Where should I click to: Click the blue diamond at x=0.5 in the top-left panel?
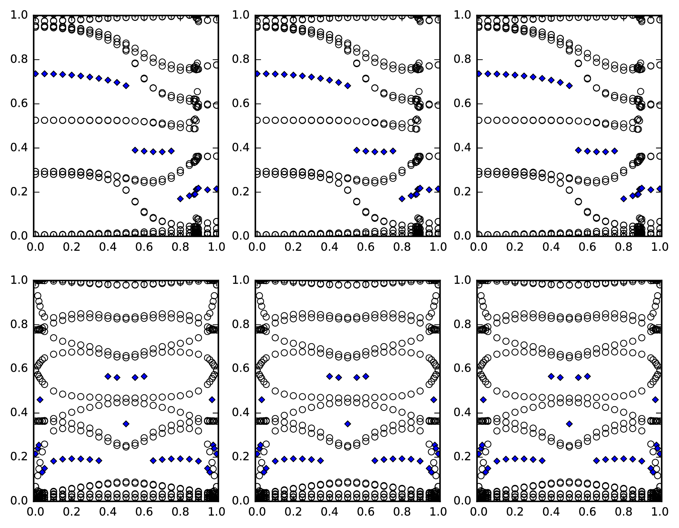(x=126, y=86)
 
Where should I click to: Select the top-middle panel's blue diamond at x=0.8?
(x=402, y=199)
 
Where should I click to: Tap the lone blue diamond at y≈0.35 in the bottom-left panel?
(x=126, y=424)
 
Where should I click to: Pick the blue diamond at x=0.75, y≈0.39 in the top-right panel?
(x=615, y=151)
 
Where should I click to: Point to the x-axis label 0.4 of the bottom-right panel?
(x=551, y=512)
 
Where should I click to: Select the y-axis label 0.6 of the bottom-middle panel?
(x=240, y=368)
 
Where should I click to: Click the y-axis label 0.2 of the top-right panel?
(x=462, y=192)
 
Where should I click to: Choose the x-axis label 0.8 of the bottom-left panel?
(x=181, y=512)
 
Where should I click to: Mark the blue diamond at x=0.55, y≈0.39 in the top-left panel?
(x=135, y=150)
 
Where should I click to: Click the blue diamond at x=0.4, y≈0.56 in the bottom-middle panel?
(x=330, y=376)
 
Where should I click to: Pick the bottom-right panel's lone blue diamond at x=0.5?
(x=569, y=424)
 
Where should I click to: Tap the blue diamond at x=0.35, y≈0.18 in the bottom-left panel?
(x=99, y=460)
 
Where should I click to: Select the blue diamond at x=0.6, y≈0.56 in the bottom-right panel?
(x=587, y=376)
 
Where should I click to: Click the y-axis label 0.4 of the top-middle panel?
(x=240, y=148)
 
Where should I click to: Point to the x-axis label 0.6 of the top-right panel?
(x=587, y=247)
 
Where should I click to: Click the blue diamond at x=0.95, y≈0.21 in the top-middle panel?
(x=429, y=190)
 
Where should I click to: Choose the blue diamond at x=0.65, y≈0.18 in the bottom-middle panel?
(x=375, y=460)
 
